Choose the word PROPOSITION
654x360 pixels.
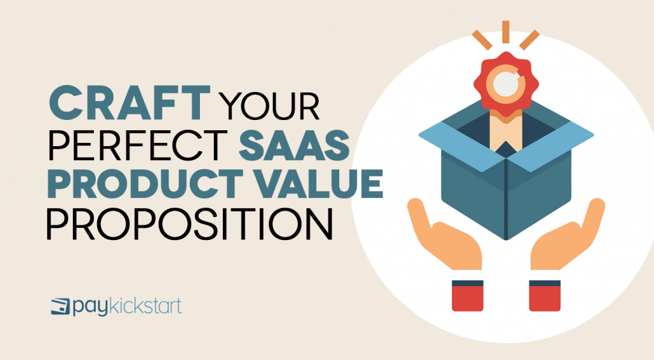(190, 227)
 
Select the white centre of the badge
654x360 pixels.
(506, 85)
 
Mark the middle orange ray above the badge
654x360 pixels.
(505, 31)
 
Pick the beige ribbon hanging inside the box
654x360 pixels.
(505, 131)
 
